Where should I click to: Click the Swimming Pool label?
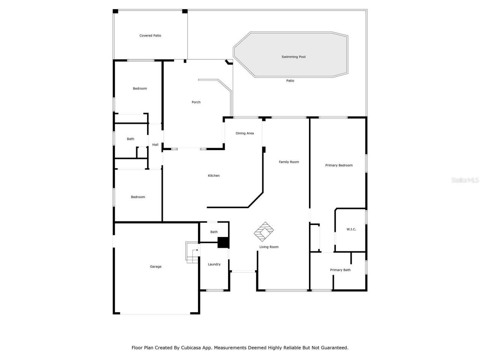click(294, 57)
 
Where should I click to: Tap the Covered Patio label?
click(150, 36)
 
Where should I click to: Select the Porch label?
click(196, 102)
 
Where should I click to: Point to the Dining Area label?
click(245, 133)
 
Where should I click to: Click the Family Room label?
click(289, 162)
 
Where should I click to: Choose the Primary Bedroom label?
click(339, 165)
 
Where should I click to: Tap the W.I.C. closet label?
click(351, 229)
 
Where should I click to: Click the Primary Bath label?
click(340, 270)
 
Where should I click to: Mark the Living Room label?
click(269, 247)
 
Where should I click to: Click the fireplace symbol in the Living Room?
click(265, 231)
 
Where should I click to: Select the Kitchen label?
click(214, 175)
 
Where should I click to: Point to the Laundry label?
click(214, 264)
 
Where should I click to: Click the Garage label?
click(156, 267)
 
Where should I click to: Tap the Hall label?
click(155, 145)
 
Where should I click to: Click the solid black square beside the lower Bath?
click(223, 242)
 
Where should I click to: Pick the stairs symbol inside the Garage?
click(192, 252)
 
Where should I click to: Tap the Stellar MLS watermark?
click(465, 180)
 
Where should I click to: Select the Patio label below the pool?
click(290, 81)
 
